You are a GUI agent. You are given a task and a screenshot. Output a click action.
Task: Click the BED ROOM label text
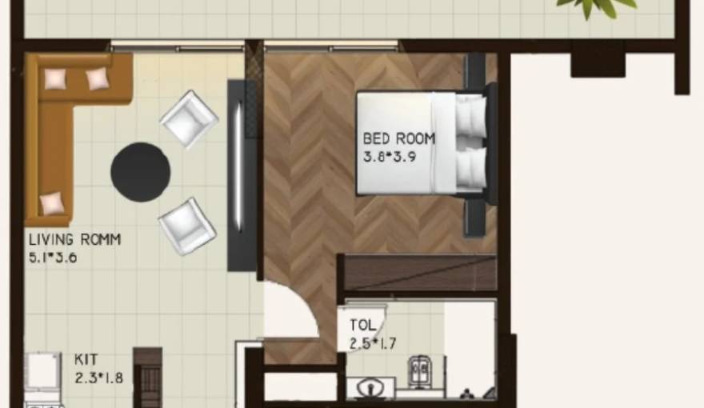coord(399,138)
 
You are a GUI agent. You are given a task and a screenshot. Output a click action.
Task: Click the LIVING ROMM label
coord(75,239)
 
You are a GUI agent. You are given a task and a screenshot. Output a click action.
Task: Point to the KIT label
coord(86,361)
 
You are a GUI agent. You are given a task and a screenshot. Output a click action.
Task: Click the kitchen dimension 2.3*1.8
coord(98,378)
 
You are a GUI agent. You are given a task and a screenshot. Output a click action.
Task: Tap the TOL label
coord(362,326)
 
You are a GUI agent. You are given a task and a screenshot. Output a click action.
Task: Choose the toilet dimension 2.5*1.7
coord(373,344)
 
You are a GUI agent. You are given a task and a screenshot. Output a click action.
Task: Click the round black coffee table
coord(140,171)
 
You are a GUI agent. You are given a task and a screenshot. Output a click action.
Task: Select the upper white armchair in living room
coord(189,118)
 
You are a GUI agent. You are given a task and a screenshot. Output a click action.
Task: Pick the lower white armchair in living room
coord(187,226)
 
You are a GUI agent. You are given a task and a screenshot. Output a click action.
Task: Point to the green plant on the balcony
coord(596,6)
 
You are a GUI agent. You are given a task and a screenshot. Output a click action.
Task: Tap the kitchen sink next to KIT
coord(41,370)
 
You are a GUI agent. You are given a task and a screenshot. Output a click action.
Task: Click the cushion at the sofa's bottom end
coord(52,203)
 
